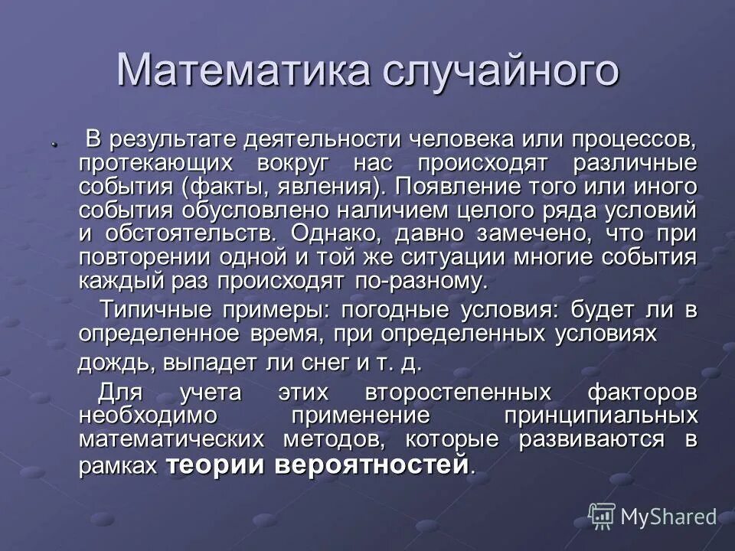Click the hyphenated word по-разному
point(420,280)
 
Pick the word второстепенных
point(459,393)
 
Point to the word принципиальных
point(600,416)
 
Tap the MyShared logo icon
point(602,517)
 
